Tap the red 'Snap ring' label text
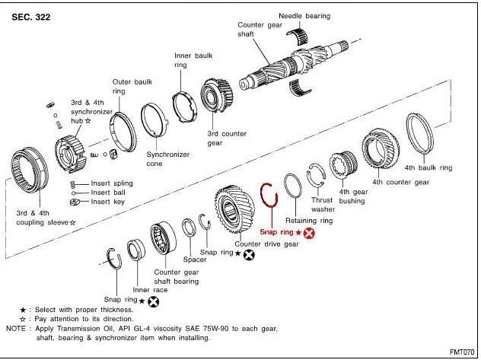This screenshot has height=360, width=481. click(x=275, y=232)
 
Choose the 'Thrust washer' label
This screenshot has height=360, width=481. click(x=323, y=204)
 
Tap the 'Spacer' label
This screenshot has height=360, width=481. click(x=195, y=259)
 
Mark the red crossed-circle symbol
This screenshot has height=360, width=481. click(x=309, y=233)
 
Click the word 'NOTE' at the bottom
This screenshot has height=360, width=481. click(x=15, y=328)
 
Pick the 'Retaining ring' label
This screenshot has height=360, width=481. click(x=309, y=220)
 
